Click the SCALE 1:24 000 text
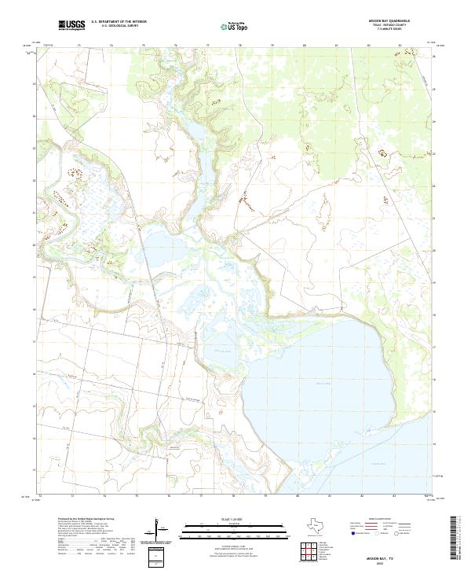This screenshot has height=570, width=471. click(227, 518)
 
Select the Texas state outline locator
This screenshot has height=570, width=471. click(323, 524)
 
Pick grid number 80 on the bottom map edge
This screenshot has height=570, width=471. click(298, 497)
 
